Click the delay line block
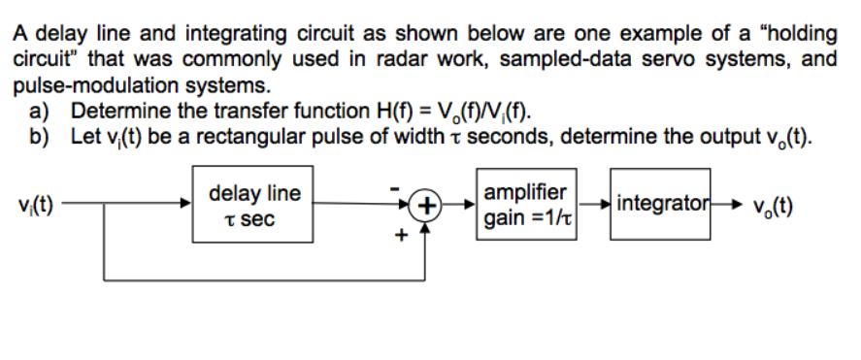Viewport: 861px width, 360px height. click(x=255, y=205)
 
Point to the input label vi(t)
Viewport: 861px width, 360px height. click(x=35, y=205)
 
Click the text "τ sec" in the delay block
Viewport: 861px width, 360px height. click(x=255, y=219)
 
